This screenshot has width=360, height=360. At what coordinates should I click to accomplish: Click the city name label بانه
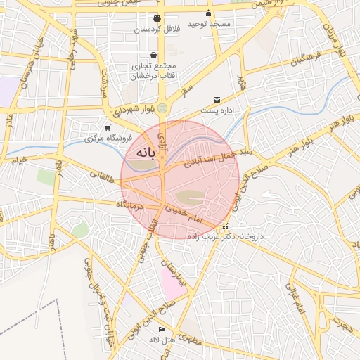[x=139, y=151]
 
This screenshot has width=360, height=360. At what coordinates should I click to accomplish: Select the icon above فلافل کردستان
[x=156, y=18]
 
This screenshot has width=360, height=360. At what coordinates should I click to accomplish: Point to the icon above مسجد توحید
[x=208, y=13]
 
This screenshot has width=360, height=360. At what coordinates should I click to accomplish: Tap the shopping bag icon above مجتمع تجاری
[x=153, y=55]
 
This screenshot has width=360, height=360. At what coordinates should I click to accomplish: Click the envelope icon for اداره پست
[x=217, y=100]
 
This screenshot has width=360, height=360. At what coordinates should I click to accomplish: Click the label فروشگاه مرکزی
[x=105, y=138]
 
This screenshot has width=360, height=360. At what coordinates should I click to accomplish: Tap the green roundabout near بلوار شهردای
[x=163, y=108]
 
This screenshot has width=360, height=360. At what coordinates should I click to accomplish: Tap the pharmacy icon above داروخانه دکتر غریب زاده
[x=226, y=227]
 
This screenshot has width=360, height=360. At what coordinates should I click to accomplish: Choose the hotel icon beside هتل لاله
[x=162, y=329]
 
